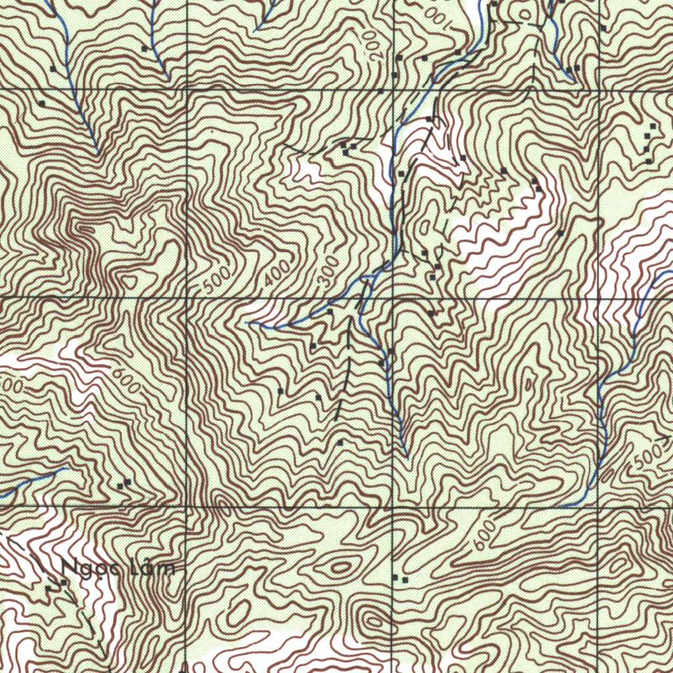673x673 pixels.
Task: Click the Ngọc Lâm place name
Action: click(x=119, y=567)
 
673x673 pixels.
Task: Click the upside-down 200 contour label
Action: click(x=373, y=43)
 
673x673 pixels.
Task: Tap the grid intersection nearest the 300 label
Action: click(x=393, y=298)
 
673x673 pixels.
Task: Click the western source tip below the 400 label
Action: click(x=249, y=323)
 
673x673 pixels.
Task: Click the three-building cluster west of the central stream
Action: click(x=348, y=147)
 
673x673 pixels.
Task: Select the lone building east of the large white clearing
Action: click(x=560, y=233)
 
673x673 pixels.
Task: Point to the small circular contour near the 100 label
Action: click(x=524, y=14)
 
